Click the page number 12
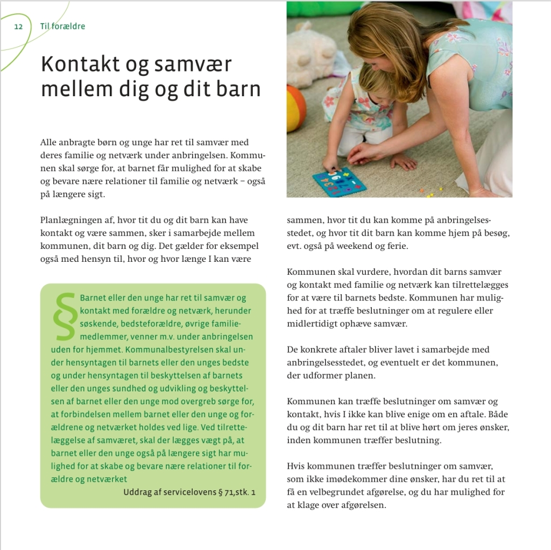pyautogui.click(x=18, y=26)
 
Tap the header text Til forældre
pyautogui.click(x=62, y=26)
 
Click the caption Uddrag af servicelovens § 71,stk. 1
pyautogui.click(x=189, y=492)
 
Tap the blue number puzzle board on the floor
pyautogui.click(x=339, y=182)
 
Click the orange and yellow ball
pyautogui.click(x=295, y=108)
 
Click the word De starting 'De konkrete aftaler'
pyautogui.click(x=292, y=349)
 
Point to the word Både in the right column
pyautogui.click(x=499, y=415)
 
